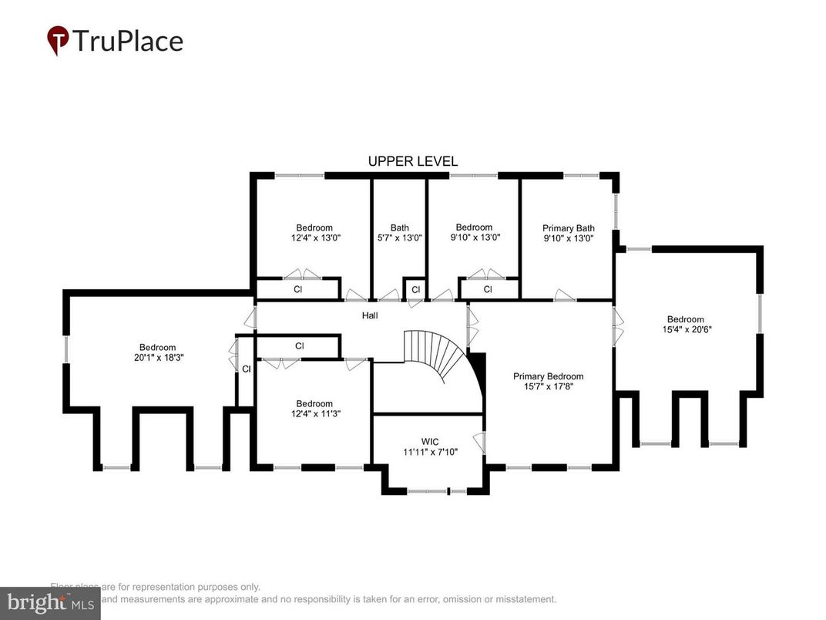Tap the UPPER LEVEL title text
point(412,161)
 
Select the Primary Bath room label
point(569,233)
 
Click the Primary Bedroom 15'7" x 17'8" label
point(549,382)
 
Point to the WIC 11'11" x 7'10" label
point(429,447)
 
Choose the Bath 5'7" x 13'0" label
point(399,233)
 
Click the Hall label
point(370,315)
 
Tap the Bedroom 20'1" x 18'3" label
point(157,352)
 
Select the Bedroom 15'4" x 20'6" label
point(685,325)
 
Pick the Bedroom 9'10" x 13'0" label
point(474,232)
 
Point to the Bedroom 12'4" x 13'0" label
point(314,233)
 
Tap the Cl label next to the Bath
point(415,290)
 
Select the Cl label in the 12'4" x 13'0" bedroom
point(297,290)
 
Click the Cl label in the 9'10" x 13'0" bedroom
point(488,290)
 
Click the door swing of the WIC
point(478,443)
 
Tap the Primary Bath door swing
point(566,295)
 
